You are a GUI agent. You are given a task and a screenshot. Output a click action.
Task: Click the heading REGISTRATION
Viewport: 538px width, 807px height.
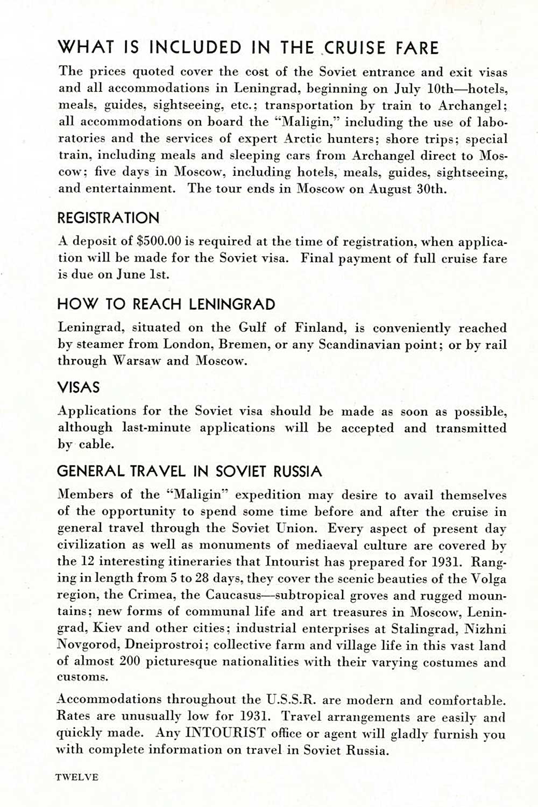click(108, 218)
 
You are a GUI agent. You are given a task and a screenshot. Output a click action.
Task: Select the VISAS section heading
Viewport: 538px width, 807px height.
click(79, 387)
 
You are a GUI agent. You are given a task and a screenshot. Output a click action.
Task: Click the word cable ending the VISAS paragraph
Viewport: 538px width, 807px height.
click(97, 444)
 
